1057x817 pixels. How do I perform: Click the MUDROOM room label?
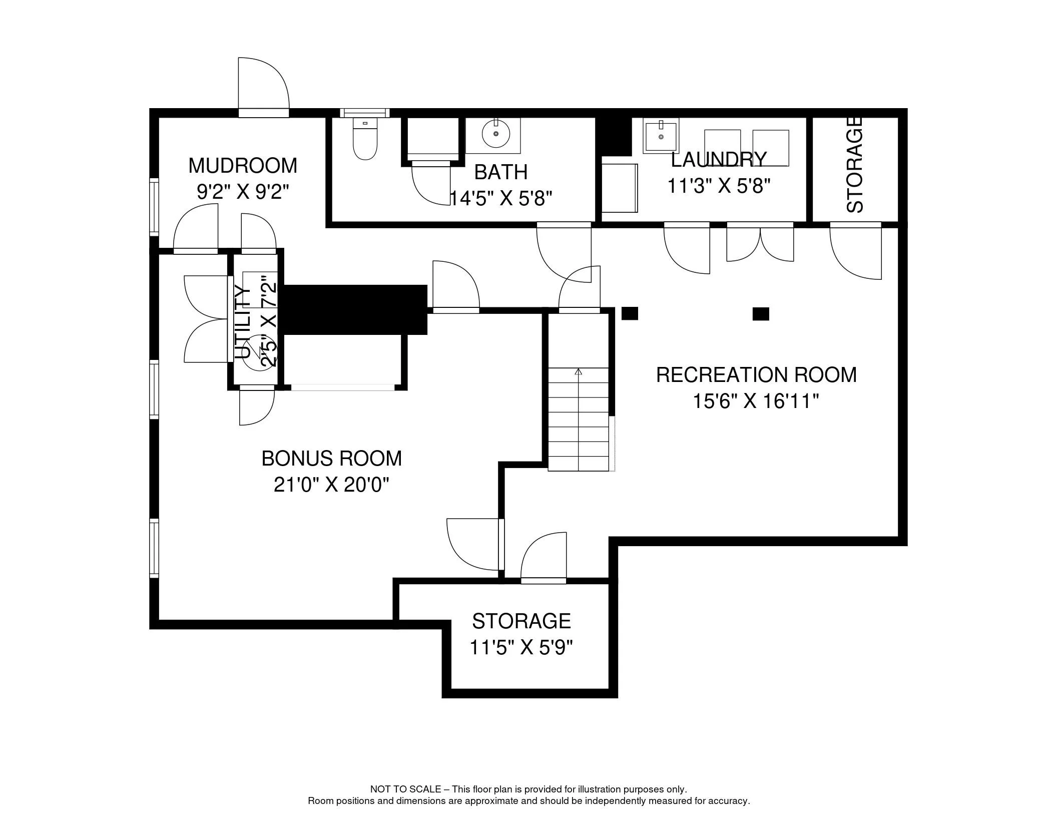coord(243,166)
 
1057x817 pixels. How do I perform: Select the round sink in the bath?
coord(495,134)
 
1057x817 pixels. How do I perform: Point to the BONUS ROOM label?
coord(331,459)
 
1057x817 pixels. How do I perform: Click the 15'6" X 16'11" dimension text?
coord(756,401)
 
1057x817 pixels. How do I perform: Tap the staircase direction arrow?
coord(579,372)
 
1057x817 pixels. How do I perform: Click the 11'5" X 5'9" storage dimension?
coord(521,648)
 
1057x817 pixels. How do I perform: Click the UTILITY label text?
coord(242,322)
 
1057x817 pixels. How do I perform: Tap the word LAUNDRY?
coord(719,160)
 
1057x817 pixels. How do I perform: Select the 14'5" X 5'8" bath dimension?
coord(500,199)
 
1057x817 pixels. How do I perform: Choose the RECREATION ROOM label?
coord(756,375)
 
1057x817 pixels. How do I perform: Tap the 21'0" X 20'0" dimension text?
coord(331,485)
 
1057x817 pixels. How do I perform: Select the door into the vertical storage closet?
coord(855,250)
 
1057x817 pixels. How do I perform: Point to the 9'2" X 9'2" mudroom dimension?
coord(243,192)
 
